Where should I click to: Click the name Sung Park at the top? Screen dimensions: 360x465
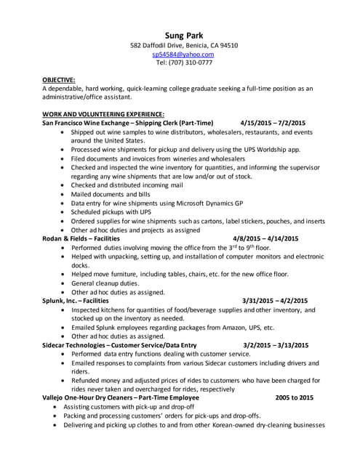pos(183,33)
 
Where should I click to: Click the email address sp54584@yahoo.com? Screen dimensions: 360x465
pos(183,54)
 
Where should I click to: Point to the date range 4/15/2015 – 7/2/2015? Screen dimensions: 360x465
pos(273,123)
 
